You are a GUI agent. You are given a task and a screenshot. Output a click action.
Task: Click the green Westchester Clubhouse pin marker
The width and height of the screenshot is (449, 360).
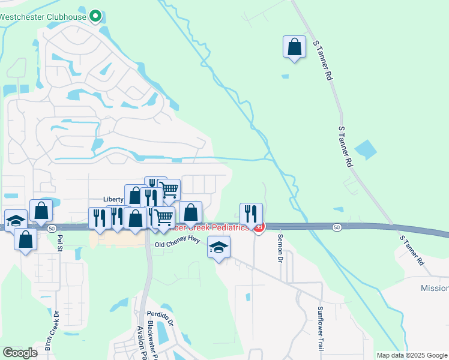(95, 16)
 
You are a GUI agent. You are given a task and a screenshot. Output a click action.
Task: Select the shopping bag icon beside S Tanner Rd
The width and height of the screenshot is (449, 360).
(294, 47)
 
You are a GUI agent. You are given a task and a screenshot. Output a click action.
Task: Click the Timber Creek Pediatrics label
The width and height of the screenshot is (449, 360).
(208, 227)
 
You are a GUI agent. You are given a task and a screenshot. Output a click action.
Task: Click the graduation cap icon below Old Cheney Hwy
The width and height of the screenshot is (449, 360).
(218, 247)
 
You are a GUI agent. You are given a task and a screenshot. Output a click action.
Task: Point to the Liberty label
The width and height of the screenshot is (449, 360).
(113, 199)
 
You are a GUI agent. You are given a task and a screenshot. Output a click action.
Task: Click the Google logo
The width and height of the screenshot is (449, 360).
(20, 353)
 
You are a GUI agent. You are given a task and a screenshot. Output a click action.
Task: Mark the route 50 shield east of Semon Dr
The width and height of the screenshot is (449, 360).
(337, 226)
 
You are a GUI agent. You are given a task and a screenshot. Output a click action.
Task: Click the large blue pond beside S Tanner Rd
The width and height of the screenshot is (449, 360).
(366, 149)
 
